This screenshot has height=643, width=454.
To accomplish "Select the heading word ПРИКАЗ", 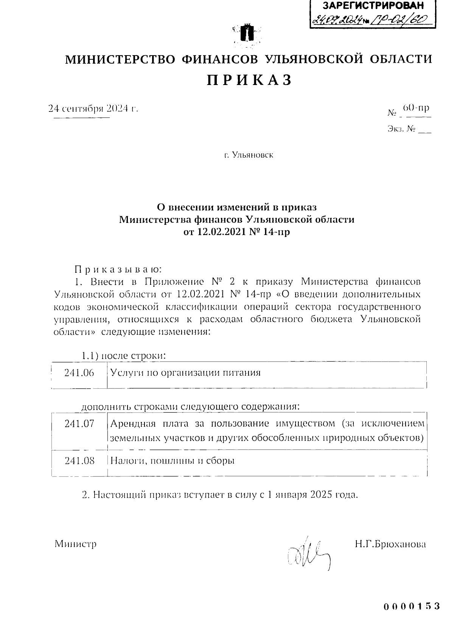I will point(249,80).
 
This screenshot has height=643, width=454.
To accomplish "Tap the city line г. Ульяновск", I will point(248,155).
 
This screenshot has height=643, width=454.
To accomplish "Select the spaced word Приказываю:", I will point(118,270).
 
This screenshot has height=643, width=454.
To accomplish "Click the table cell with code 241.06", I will point(79,373).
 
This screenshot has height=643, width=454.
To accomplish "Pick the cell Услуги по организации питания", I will point(185,373).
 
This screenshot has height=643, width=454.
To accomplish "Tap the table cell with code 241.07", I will point(79,424).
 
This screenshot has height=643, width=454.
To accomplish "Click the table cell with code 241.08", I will point(79,461).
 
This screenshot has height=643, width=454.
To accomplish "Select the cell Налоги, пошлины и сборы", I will point(172,461).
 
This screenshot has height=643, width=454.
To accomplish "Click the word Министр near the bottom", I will point(76,544).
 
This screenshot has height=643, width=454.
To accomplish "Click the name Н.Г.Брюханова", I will point(390,544).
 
